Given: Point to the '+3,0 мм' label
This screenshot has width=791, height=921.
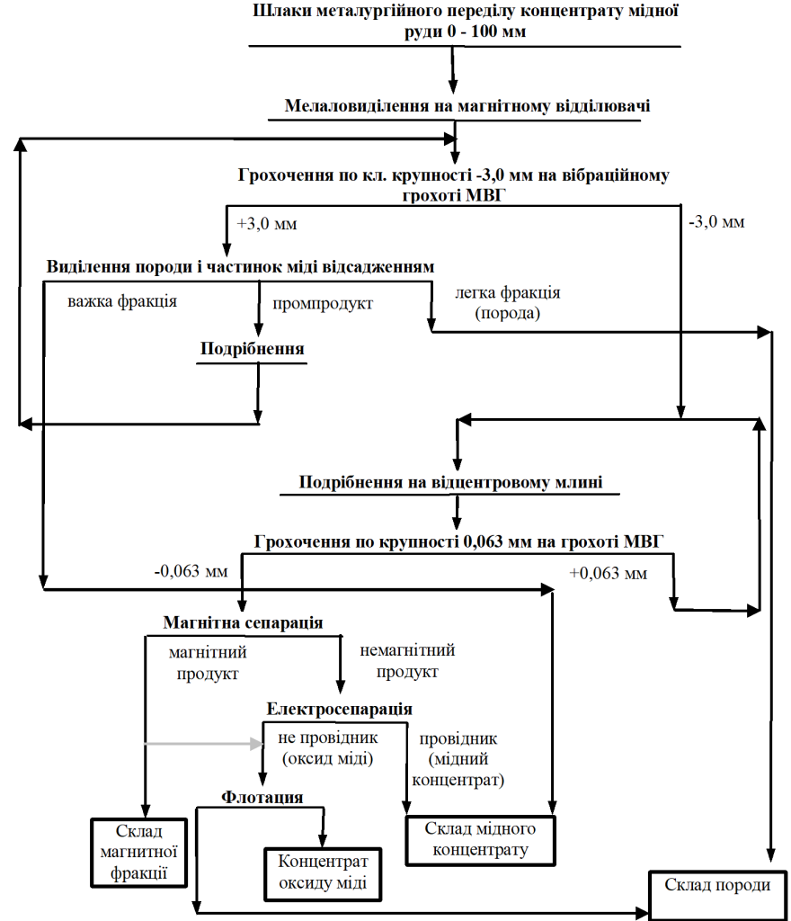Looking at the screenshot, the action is point(267,224).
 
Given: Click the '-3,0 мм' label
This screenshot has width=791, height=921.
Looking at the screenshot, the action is point(716,222).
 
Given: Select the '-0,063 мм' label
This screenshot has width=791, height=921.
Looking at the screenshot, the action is point(191,571).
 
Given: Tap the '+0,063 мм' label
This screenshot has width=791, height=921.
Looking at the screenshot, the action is point(609,573).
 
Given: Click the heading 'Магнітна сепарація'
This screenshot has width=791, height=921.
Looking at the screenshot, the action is point(243,622).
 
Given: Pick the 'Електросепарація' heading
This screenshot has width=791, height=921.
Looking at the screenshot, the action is point(339,709).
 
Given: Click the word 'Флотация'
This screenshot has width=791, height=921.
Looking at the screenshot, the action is point(262,797).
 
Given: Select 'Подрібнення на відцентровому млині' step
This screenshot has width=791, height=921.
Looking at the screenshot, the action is point(450,482).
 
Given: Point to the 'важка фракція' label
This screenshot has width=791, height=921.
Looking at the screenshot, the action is point(122,301).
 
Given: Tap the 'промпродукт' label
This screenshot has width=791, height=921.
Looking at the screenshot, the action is point(323,304).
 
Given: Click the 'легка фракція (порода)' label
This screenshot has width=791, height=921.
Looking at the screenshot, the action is point(508,302).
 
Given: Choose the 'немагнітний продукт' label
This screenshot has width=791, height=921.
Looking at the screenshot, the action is point(407,661).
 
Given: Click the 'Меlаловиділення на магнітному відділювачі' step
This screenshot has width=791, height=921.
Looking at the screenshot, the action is point(467,106).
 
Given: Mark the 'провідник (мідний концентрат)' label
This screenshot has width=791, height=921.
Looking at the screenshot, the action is point(458,759).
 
